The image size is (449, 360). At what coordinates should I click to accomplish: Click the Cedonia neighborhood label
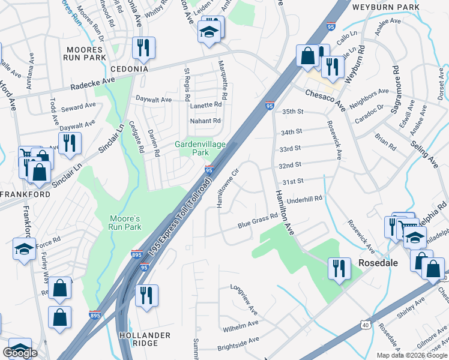click(x=128, y=69)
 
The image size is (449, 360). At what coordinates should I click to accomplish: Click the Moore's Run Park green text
click(x=124, y=223)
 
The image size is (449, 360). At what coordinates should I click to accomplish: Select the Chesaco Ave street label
click(x=325, y=98)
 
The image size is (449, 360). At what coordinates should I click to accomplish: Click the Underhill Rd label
click(x=305, y=199)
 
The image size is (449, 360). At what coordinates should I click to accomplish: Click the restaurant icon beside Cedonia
click(x=143, y=48)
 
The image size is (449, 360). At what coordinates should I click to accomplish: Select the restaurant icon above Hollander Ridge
click(x=146, y=295)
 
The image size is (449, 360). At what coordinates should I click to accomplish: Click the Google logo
click(x=21, y=353)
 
